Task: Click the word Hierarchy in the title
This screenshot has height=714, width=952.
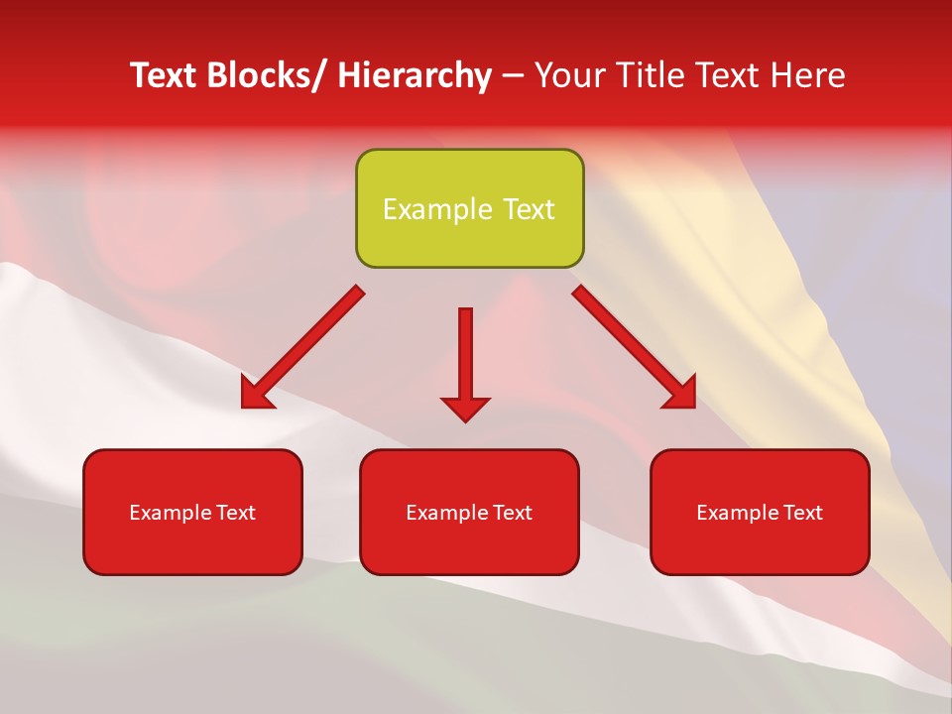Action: pyautogui.click(x=415, y=75)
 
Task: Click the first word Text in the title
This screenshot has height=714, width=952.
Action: pyautogui.click(x=166, y=75)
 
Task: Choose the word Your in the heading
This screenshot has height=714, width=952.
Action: pyautogui.click(x=566, y=75)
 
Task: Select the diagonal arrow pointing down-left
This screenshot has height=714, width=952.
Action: pyautogui.click(x=302, y=347)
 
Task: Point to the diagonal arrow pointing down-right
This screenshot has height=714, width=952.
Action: pyautogui.click(x=635, y=347)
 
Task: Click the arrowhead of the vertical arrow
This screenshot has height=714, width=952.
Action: pyautogui.click(x=465, y=408)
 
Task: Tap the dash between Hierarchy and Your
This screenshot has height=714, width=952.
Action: pyautogui.click(x=513, y=76)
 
